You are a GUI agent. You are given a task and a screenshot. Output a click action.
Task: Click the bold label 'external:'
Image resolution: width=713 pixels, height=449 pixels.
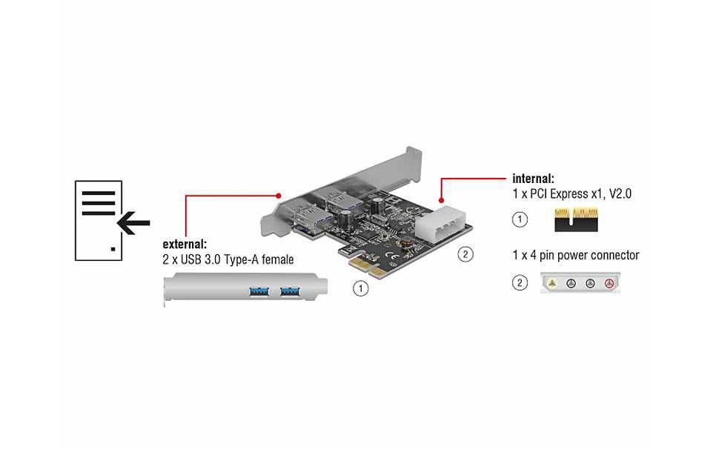click(x=185, y=244)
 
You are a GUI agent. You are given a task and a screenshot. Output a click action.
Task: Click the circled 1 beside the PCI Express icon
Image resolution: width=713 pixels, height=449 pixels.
click(x=520, y=220)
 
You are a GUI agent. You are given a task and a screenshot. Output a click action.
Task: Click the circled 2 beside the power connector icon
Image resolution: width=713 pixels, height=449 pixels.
click(x=520, y=283)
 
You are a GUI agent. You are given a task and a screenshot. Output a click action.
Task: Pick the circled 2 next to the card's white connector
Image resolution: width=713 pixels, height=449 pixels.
click(x=465, y=255)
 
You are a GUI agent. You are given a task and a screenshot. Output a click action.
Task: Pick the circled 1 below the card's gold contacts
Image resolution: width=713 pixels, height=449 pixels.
click(x=360, y=288)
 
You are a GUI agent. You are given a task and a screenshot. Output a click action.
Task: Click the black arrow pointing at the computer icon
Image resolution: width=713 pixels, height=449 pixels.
click(x=133, y=222)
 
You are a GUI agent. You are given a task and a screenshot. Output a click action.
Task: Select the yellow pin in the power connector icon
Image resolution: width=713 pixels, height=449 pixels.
click(x=553, y=283)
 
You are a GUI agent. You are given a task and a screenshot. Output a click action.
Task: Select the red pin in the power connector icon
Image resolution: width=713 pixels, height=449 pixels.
click(x=609, y=283)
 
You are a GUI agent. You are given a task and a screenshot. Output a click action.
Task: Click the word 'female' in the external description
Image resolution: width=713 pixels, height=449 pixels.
click(x=275, y=259)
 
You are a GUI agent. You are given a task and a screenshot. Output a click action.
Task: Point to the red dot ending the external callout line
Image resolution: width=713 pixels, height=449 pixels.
click(x=279, y=196)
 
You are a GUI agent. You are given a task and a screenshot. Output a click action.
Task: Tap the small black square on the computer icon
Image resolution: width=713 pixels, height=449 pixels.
click(x=113, y=250)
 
